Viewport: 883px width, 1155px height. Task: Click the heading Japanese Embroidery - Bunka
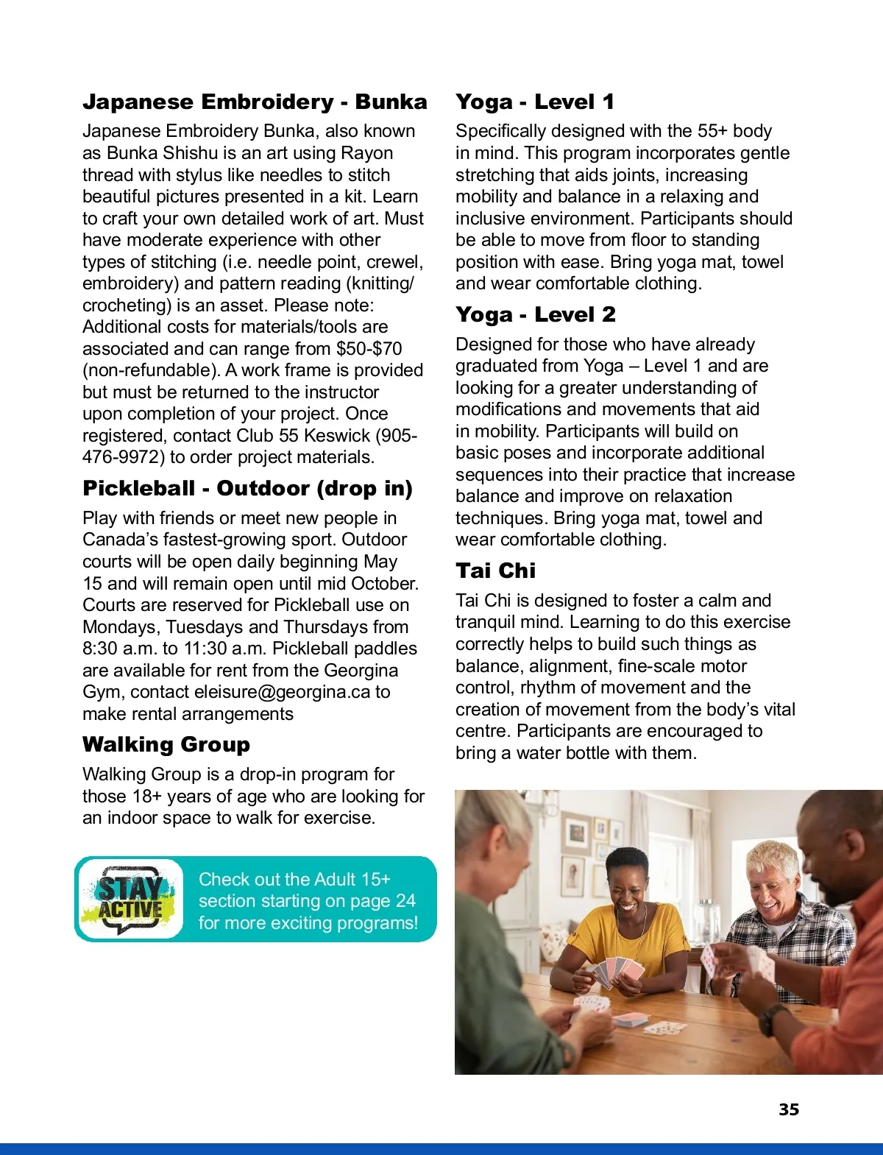(255, 102)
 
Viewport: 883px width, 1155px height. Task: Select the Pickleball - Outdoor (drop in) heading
(247, 489)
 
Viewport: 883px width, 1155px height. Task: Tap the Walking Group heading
(166, 744)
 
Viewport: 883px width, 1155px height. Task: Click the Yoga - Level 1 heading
(534, 102)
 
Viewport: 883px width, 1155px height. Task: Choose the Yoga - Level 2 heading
(535, 315)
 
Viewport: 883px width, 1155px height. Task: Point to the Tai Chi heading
(495, 571)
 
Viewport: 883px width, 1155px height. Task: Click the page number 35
(789, 1109)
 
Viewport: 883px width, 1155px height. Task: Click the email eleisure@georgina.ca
(282, 692)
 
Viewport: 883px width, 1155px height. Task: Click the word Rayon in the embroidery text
(367, 153)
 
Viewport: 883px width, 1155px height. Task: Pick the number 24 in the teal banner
(405, 901)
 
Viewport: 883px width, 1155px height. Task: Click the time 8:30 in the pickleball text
(100, 649)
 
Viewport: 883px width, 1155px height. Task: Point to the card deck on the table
(631, 1020)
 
